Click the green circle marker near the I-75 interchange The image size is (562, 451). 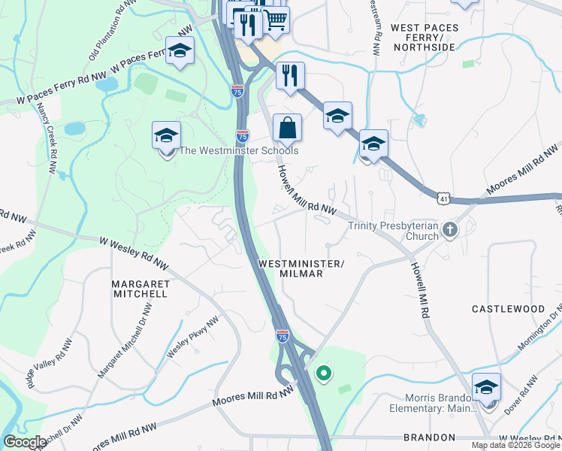(x=324, y=373)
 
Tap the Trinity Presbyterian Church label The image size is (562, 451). (x=392, y=231)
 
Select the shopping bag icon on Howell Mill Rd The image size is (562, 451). (x=287, y=129)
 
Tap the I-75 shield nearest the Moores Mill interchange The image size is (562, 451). (x=282, y=337)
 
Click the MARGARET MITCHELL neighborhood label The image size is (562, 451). (x=139, y=289)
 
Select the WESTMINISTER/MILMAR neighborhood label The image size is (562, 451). (x=301, y=268)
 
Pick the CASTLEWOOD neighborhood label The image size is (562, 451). (x=508, y=309)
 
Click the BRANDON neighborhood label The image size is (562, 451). (x=429, y=437)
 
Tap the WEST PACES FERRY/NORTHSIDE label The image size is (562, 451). (x=422, y=37)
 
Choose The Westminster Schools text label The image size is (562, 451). (x=238, y=150)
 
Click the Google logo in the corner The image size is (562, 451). (x=24, y=442)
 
